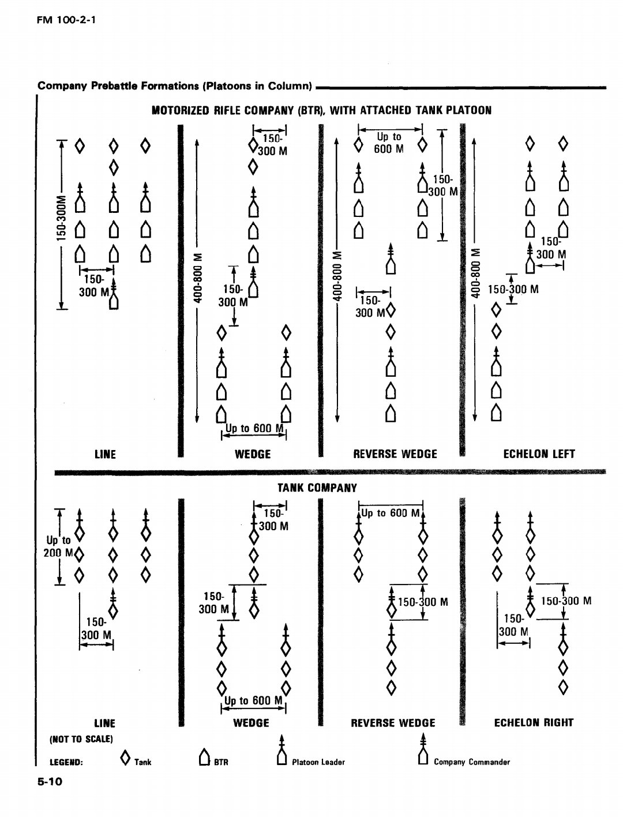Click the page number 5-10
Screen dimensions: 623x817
(x=50, y=781)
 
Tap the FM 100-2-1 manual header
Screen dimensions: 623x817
(x=66, y=20)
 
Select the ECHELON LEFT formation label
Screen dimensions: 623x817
(x=539, y=454)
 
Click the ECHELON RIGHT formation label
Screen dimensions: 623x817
(x=534, y=723)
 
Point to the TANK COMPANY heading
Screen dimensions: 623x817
(x=317, y=488)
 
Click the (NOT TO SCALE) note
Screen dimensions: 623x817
(x=81, y=739)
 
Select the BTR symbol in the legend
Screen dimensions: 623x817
(x=204, y=758)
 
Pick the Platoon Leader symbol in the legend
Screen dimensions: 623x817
(x=282, y=749)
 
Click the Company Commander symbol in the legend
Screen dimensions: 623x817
(x=422, y=749)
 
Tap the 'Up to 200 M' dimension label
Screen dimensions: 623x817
(x=58, y=546)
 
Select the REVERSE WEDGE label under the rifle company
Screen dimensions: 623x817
(x=395, y=454)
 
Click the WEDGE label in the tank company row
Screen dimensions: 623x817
(x=251, y=723)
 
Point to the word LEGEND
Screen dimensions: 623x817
(x=66, y=762)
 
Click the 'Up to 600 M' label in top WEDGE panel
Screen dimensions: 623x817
(x=254, y=429)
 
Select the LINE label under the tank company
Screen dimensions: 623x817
(x=104, y=723)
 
